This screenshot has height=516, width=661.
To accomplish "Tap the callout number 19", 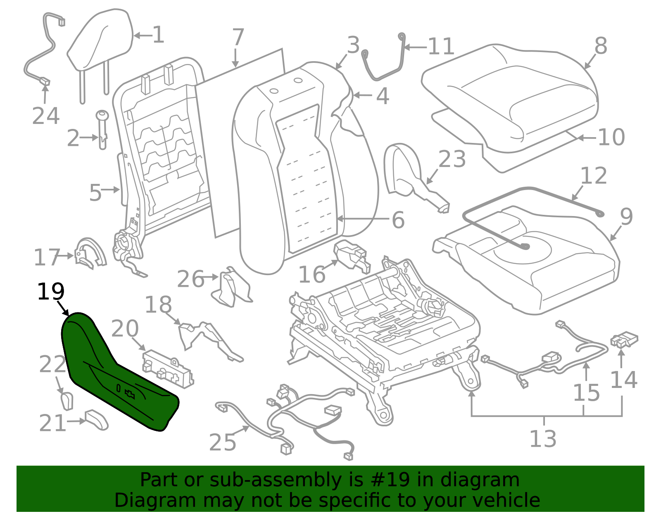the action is click(51, 291).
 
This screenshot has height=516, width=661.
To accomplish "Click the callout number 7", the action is click(238, 37).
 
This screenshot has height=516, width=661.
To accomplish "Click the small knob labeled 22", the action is click(67, 401).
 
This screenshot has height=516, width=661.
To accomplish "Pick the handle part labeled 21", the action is click(97, 420).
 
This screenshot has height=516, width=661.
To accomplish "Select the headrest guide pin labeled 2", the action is click(102, 129).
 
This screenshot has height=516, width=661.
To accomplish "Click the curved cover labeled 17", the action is click(90, 253).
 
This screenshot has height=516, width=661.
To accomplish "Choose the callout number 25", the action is click(223, 442).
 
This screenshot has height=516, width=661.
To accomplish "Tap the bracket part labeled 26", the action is click(231, 288).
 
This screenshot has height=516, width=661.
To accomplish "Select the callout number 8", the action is click(601, 46).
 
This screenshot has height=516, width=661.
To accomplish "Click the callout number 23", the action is click(452, 159).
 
